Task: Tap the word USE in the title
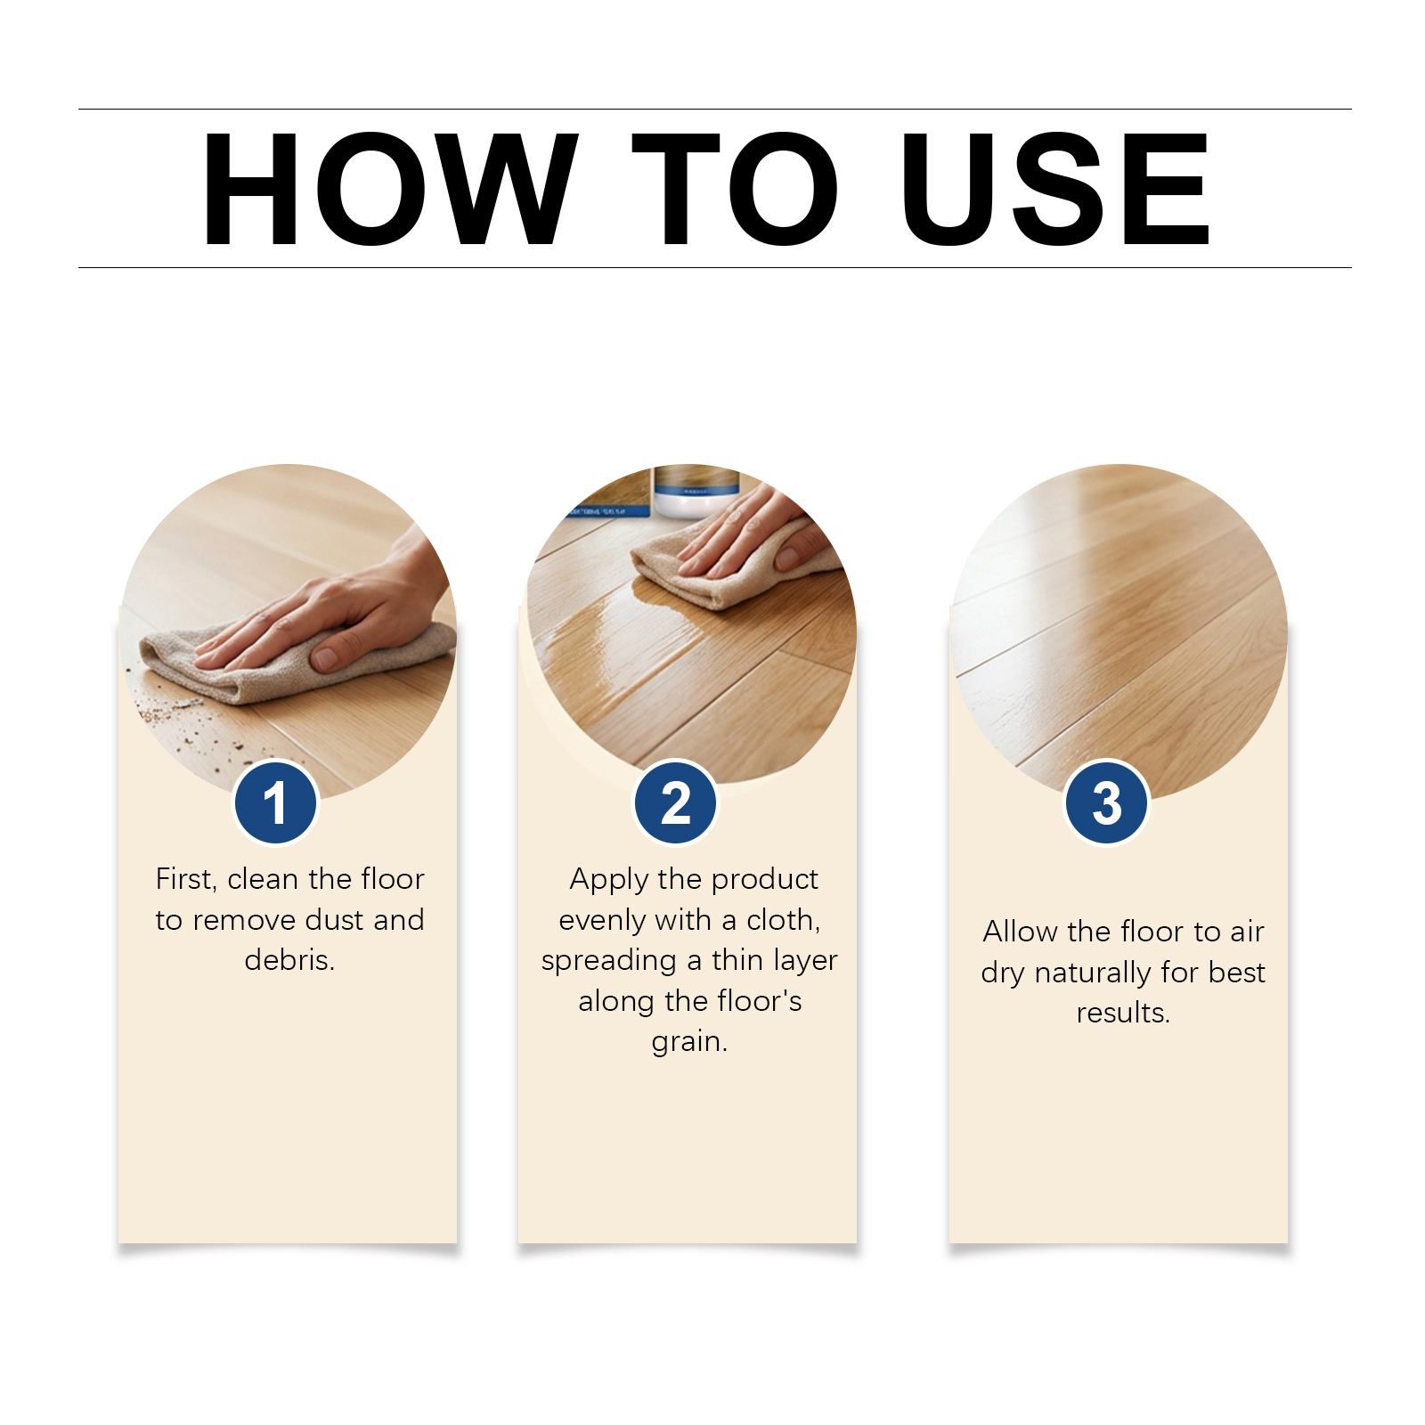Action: tap(1054, 189)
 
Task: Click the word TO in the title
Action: tap(734, 189)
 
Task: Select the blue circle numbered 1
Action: tap(275, 802)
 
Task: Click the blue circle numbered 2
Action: tap(676, 802)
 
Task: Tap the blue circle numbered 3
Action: tap(1107, 802)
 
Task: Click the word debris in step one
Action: tap(288, 960)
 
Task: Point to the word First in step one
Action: tap(184, 879)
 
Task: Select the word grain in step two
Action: tap(688, 1041)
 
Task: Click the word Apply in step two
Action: tap(609, 880)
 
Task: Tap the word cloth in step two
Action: tap(782, 920)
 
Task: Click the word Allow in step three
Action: tap(1021, 932)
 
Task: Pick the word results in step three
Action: tap(1122, 1013)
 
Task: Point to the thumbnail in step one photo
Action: tap(325, 658)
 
